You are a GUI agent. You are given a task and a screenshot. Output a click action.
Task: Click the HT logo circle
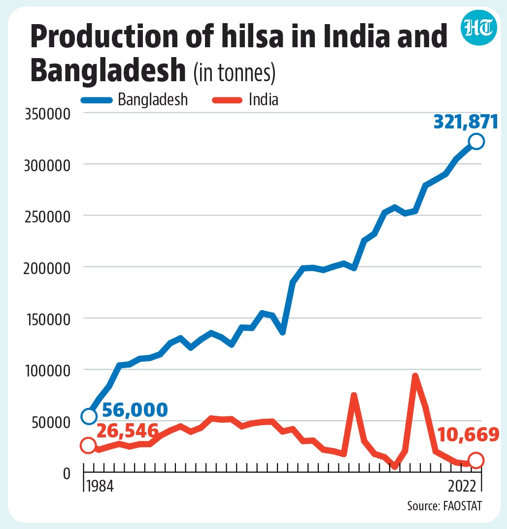478,28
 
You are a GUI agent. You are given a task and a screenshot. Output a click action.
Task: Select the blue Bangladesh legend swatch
97,100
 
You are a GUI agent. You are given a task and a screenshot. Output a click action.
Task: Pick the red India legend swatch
227,100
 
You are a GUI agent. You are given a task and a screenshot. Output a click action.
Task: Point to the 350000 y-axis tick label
48,114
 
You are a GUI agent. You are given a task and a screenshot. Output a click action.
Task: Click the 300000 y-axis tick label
47,166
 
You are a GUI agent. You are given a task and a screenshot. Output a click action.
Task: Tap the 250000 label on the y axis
48,217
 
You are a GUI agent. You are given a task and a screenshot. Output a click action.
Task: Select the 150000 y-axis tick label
48,320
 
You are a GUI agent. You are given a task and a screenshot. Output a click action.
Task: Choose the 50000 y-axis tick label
51,423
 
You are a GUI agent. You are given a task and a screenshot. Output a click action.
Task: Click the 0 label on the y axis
67,474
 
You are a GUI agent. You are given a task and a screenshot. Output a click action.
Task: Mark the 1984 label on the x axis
100,486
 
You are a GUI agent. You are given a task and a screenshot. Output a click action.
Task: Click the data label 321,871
466,122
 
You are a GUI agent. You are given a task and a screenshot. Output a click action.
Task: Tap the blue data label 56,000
135,410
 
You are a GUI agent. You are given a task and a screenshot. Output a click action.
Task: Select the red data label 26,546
127,431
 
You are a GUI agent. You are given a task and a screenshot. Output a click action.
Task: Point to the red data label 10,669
469,434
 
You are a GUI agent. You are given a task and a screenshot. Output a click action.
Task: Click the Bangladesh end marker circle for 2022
476,141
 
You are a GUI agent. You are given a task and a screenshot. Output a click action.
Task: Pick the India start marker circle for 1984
88,445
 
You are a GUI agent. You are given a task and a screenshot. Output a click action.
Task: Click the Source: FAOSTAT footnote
444,506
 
